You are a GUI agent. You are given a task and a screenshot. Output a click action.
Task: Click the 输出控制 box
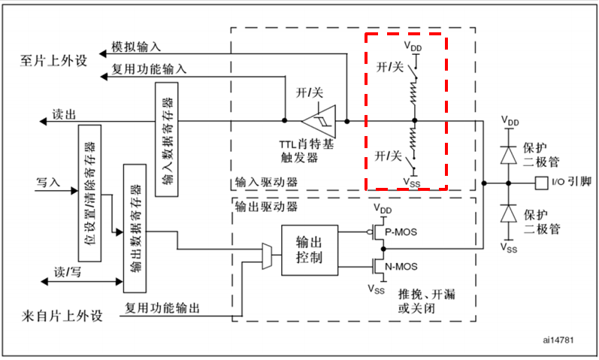(x=310, y=251)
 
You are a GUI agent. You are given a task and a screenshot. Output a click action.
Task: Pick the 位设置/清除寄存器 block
(x=89, y=189)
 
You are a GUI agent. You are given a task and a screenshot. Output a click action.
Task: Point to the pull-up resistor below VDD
(x=413, y=93)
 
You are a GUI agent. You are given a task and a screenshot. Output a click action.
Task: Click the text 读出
(x=64, y=114)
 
